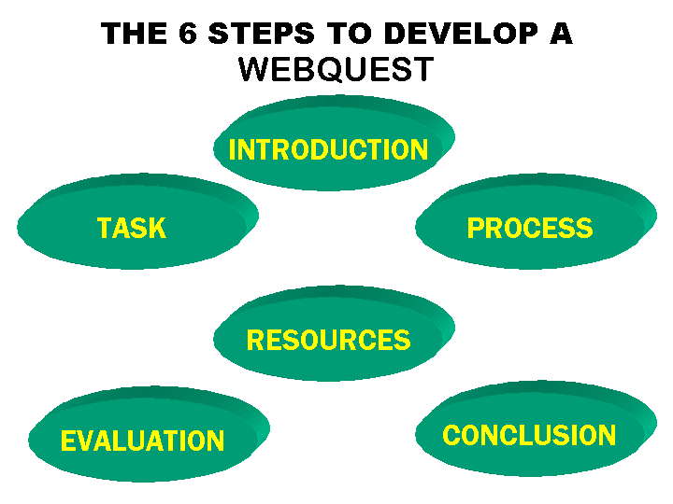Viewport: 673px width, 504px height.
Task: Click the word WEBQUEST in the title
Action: (x=336, y=69)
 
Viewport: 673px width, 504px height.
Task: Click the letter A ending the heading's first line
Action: (x=559, y=34)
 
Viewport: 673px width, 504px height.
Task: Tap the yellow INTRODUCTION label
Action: (x=328, y=150)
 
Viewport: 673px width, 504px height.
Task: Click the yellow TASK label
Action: (x=132, y=228)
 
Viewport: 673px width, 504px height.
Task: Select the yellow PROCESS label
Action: (x=530, y=228)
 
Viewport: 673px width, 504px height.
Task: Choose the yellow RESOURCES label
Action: (x=328, y=340)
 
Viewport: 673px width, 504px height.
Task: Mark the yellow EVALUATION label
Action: (x=142, y=441)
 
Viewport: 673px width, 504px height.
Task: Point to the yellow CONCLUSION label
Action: (x=529, y=435)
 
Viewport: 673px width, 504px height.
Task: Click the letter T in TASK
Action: (x=105, y=228)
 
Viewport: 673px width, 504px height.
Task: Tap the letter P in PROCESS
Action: (x=475, y=228)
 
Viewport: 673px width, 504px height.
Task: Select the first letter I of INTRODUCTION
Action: (x=232, y=150)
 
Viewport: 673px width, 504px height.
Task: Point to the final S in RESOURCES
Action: (x=403, y=340)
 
